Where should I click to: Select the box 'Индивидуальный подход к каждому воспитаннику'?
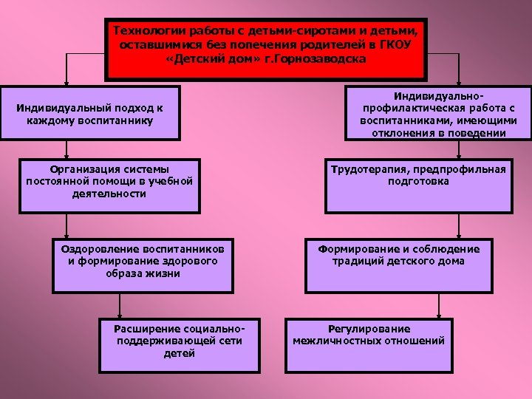[89, 113]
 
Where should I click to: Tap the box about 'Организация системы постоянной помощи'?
[109, 185]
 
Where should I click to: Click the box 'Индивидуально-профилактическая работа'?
[439, 113]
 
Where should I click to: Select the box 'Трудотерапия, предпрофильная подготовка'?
[418, 185]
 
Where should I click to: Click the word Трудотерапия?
[366, 169]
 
